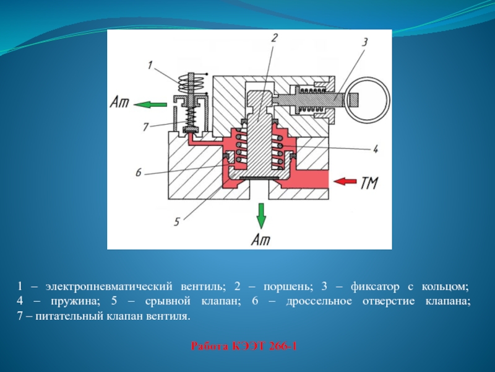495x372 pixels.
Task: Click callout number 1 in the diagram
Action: (x=150, y=66)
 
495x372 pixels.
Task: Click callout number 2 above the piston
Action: (x=274, y=38)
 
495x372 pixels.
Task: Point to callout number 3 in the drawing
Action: (x=364, y=42)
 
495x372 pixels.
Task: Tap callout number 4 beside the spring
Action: (x=375, y=149)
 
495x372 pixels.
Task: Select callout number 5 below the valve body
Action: (x=177, y=222)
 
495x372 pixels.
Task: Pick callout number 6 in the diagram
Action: (x=138, y=173)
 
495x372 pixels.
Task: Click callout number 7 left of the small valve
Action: (x=145, y=127)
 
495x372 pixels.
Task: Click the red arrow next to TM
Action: (x=345, y=181)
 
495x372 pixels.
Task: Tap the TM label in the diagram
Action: (x=369, y=182)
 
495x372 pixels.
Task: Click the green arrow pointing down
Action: (x=260, y=216)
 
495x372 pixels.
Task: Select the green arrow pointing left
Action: (x=150, y=104)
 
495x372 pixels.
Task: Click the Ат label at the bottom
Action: (x=260, y=239)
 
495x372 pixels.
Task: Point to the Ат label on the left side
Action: (x=119, y=102)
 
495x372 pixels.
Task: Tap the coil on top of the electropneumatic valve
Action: (x=191, y=83)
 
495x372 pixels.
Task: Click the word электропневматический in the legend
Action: (x=109, y=286)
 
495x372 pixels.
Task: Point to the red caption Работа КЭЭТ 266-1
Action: (x=244, y=346)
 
